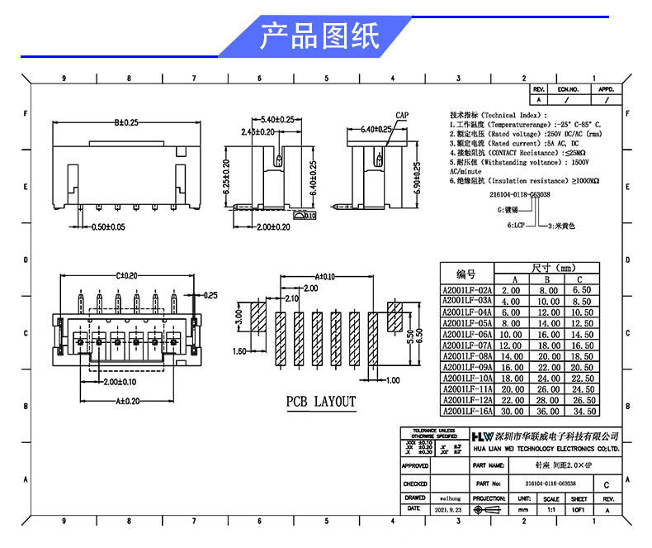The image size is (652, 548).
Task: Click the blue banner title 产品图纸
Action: coord(319,36)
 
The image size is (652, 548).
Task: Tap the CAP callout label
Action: coord(402,115)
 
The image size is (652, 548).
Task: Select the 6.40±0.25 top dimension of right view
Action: coord(376,130)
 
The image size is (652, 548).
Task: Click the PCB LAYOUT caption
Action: coord(321,402)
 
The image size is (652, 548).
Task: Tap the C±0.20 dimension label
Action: coord(127,275)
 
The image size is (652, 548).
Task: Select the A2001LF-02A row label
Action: coord(467,291)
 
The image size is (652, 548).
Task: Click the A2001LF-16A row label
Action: coord(467,410)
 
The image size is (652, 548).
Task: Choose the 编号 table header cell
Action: coord(466,274)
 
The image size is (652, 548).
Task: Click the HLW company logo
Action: coord(481,436)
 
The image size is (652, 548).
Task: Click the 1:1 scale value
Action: coord(550,511)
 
